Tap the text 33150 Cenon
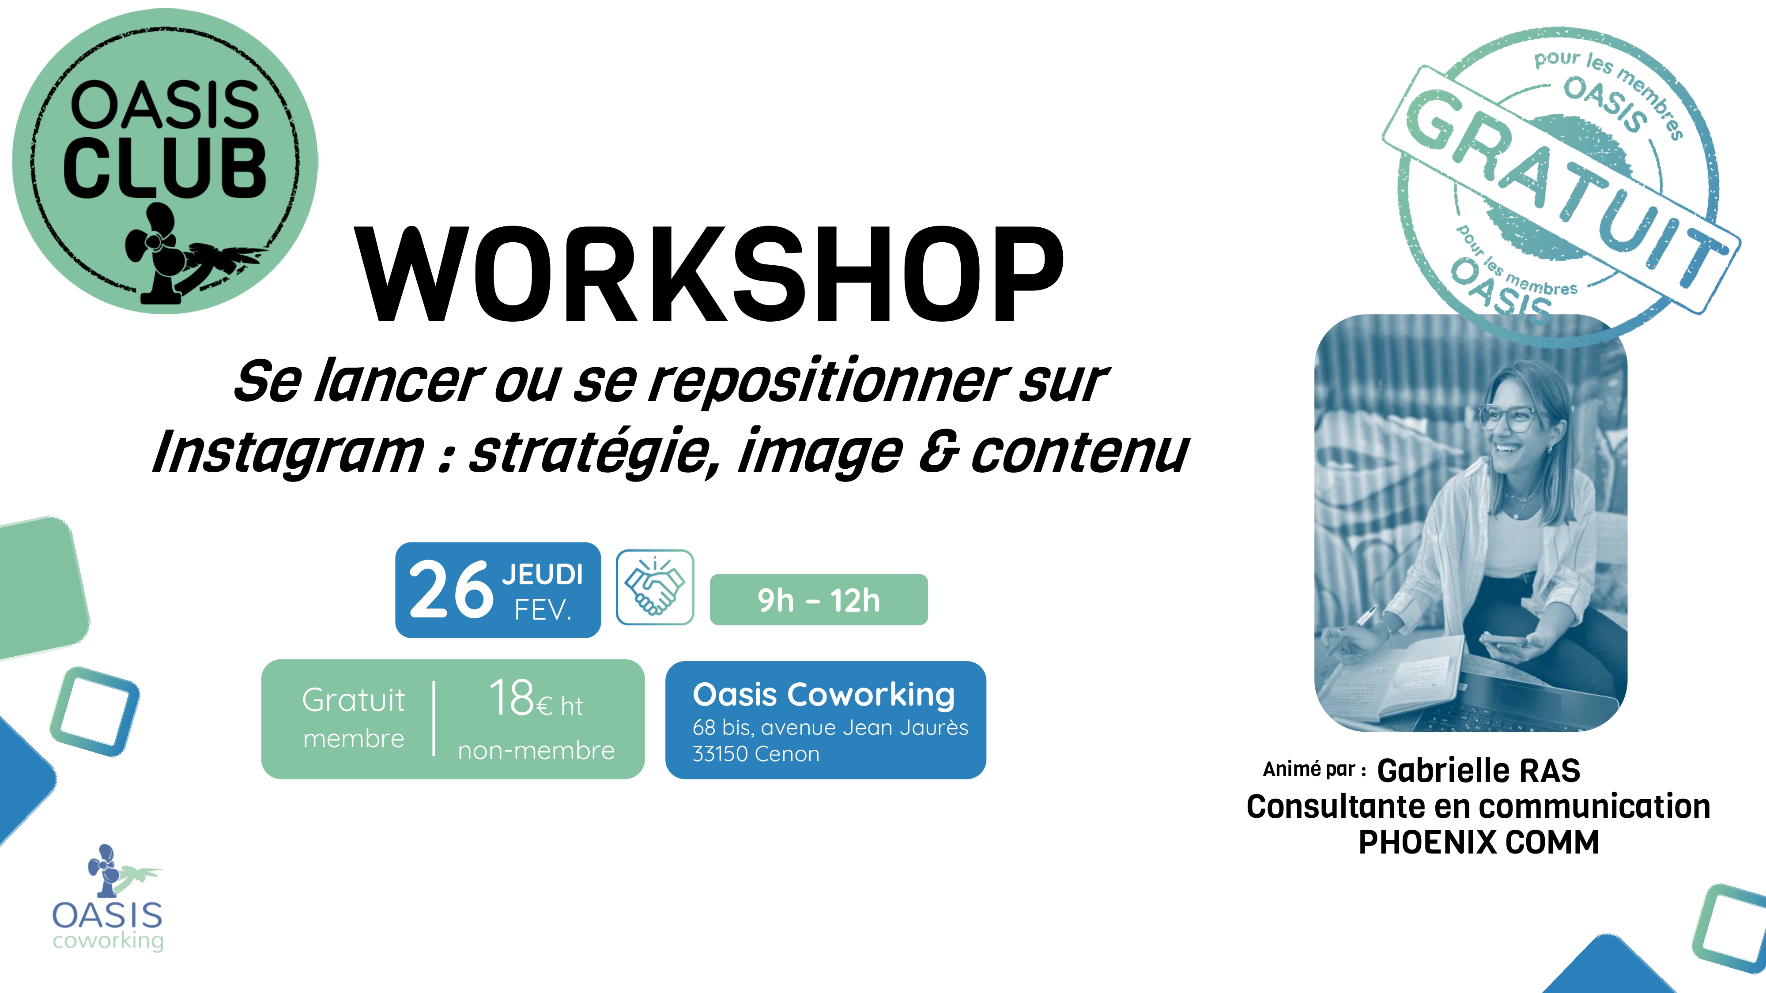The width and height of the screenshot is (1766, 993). coord(755,754)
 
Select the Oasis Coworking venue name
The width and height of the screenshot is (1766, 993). coord(823,695)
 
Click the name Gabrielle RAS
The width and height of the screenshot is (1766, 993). coord(1478,770)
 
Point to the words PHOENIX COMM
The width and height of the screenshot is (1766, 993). coord(1478,842)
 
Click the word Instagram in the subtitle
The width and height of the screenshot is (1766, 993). coord(288,452)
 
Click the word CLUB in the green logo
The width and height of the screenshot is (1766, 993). coord(165,168)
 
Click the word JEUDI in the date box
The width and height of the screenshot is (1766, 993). coord(542,574)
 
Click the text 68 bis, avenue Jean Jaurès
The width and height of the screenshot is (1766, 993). coord(830,727)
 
